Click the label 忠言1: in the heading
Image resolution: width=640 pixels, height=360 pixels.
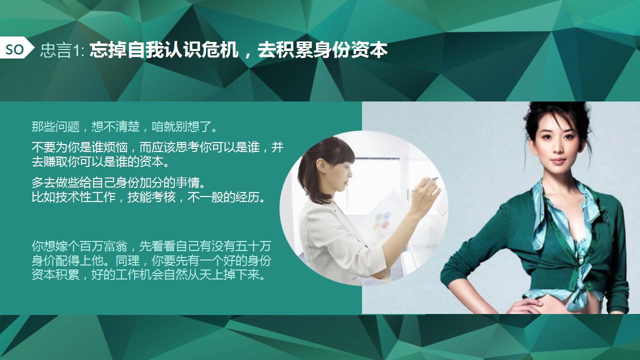[x=62, y=50]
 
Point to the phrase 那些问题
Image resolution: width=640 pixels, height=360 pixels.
[x=55, y=126]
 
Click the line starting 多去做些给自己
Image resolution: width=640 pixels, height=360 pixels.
[x=118, y=182]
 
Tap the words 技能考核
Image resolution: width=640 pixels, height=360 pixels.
[x=151, y=197]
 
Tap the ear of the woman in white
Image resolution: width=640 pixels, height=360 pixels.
[x=321, y=167]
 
